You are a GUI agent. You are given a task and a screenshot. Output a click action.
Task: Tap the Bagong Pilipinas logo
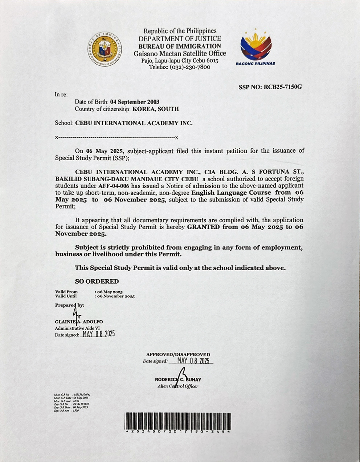click(x=255, y=47)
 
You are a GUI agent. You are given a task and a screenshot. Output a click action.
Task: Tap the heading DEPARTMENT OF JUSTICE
click(x=180, y=38)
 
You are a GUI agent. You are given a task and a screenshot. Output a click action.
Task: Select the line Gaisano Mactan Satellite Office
click(x=180, y=53)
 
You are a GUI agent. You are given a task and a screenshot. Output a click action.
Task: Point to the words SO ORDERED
click(x=97, y=281)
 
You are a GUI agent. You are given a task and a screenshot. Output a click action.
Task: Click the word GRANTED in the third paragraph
click(x=203, y=227)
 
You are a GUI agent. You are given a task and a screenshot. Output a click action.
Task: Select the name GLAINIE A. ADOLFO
click(x=79, y=322)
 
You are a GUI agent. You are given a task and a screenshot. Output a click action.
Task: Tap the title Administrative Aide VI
click(x=77, y=328)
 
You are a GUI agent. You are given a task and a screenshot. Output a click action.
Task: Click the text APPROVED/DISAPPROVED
click(x=178, y=354)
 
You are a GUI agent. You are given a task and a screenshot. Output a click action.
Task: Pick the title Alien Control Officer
click(x=178, y=386)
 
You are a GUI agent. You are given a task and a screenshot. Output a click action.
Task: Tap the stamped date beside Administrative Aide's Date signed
click(x=99, y=334)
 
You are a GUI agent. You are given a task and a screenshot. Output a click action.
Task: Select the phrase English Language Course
click(x=231, y=192)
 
